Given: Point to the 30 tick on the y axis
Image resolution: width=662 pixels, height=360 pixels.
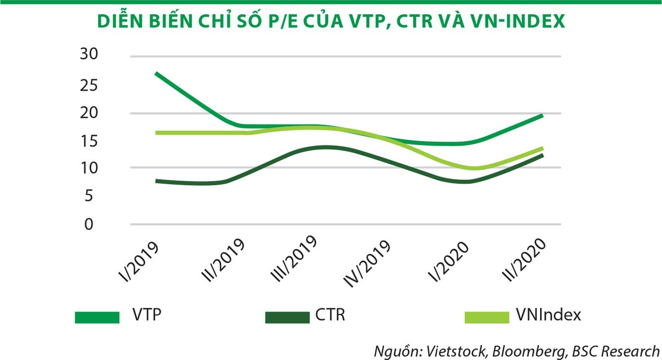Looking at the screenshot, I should click(89, 54).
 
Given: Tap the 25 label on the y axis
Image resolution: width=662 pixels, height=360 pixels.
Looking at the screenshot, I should click(89, 85).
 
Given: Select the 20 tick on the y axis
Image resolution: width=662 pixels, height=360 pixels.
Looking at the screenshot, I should click(89, 113).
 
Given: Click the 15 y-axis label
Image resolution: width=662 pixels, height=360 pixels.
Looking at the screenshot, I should click(89, 141).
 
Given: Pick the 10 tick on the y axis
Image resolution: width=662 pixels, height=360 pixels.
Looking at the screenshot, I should click(89, 168).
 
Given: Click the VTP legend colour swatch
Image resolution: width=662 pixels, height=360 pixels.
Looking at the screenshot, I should click(97, 317).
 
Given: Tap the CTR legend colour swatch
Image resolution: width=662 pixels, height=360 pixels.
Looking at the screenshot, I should click(286, 317).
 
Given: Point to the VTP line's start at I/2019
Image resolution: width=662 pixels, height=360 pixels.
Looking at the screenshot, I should click(157, 73).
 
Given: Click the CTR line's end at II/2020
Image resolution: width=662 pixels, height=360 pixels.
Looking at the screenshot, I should click(542, 155).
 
